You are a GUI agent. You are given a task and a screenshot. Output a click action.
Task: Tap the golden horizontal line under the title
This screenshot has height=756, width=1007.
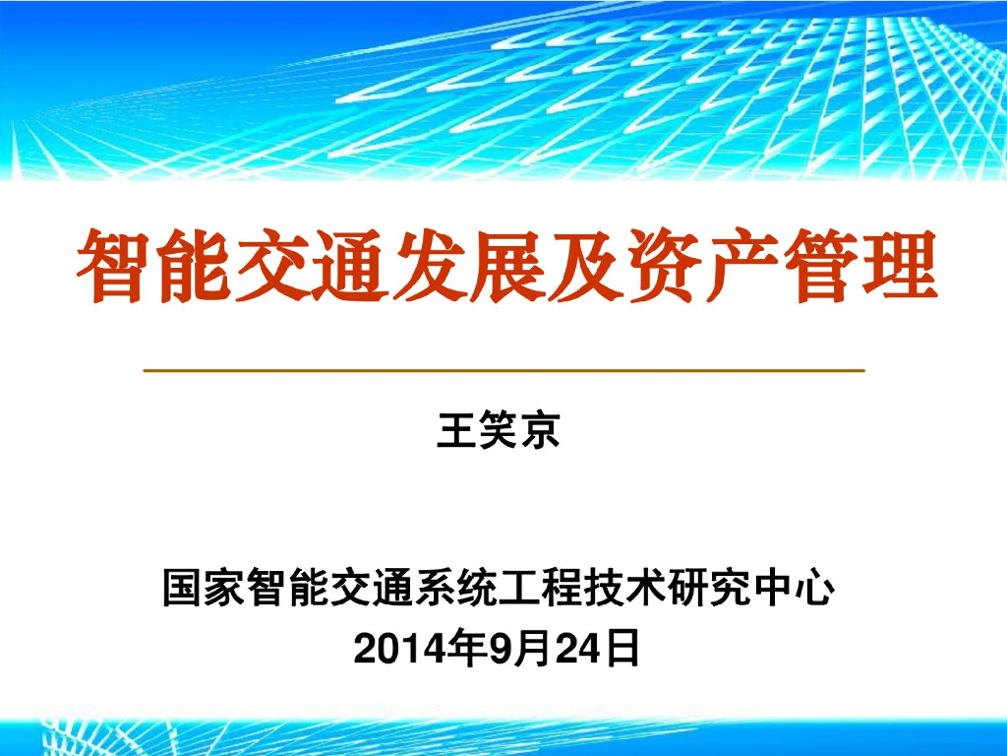[503, 370]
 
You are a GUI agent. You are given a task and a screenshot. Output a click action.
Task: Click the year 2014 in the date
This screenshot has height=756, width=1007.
[396, 649]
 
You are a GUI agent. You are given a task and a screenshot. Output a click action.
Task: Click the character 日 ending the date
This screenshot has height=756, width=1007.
[620, 649]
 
